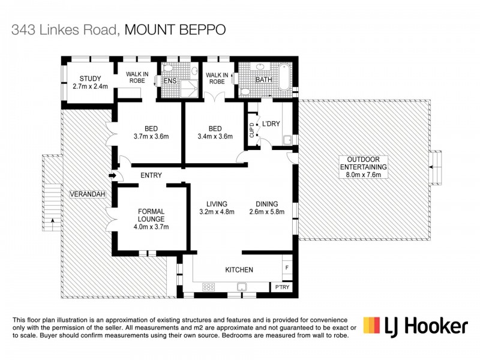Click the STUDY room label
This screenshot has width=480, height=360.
tap(89, 79)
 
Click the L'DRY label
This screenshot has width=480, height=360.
tap(271, 124)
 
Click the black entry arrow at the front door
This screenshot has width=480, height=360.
tap(112, 176)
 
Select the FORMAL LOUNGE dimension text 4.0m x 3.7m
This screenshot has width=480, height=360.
tap(151, 227)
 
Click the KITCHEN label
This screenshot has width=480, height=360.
tap(239, 270)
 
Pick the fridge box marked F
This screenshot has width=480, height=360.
tap(287, 266)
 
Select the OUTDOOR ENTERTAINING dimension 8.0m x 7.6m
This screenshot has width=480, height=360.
tap(364, 175)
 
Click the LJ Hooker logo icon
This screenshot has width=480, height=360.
tap(371, 326)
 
